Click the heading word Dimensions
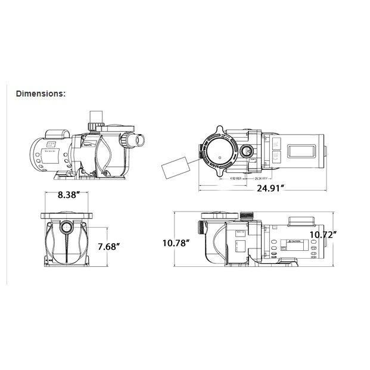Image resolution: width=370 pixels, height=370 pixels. [41, 93]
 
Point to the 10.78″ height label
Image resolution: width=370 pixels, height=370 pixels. [176, 242]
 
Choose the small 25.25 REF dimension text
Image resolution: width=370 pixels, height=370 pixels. [260, 178]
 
